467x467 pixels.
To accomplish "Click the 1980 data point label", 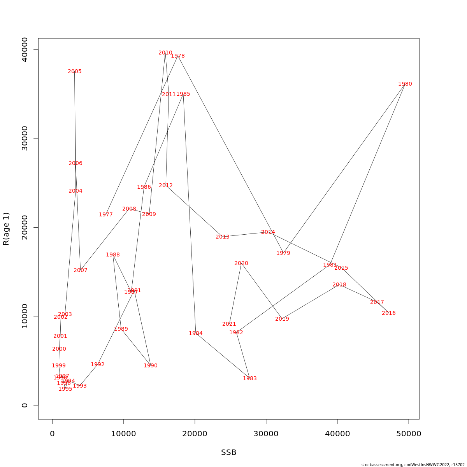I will pyautogui.click(x=405, y=84).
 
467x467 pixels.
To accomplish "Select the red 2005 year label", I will pyautogui.click(x=75, y=72).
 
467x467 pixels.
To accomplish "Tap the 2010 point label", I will pyautogui.click(x=165, y=53).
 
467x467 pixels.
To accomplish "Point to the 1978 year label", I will pyautogui.click(x=178, y=56).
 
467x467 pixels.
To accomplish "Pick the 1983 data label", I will pyautogui.click(x=250, y=379).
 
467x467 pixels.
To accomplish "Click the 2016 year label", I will pyautogui.click(x=388, y=313).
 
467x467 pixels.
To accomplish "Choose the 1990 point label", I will pyautogui.click(x=151, y=366).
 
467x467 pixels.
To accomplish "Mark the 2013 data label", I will pyautogui.click(x=223, y=237).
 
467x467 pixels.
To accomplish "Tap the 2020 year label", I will pyautogui.click(x=241, y=263).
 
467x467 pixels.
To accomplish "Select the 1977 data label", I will pyautogui.click(x=106, y=215).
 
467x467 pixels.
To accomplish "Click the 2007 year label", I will pyautogui.click(x=81, y=270).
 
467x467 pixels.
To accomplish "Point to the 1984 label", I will pyautogui.click(x=196, y=334).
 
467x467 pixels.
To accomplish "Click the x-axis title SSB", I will pyautogui.click(x=229, y=453).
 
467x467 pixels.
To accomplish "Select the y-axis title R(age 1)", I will pyautogui.click(x=6, y=229).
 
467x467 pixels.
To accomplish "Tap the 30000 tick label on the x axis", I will pyautogui.click(x=266, y=434).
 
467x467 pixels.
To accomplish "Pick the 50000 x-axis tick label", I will pyautogui.click(x=409, y=434).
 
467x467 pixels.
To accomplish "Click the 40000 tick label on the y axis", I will pyautogui.click(x=25, y=49).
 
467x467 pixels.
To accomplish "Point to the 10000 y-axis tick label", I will pyautogui.click(x=25, y=316).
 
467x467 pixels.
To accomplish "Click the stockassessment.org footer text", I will pyautogui.click(x=413, y=465).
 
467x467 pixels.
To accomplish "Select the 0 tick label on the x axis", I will pyautogui.click(x=52, y=434).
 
